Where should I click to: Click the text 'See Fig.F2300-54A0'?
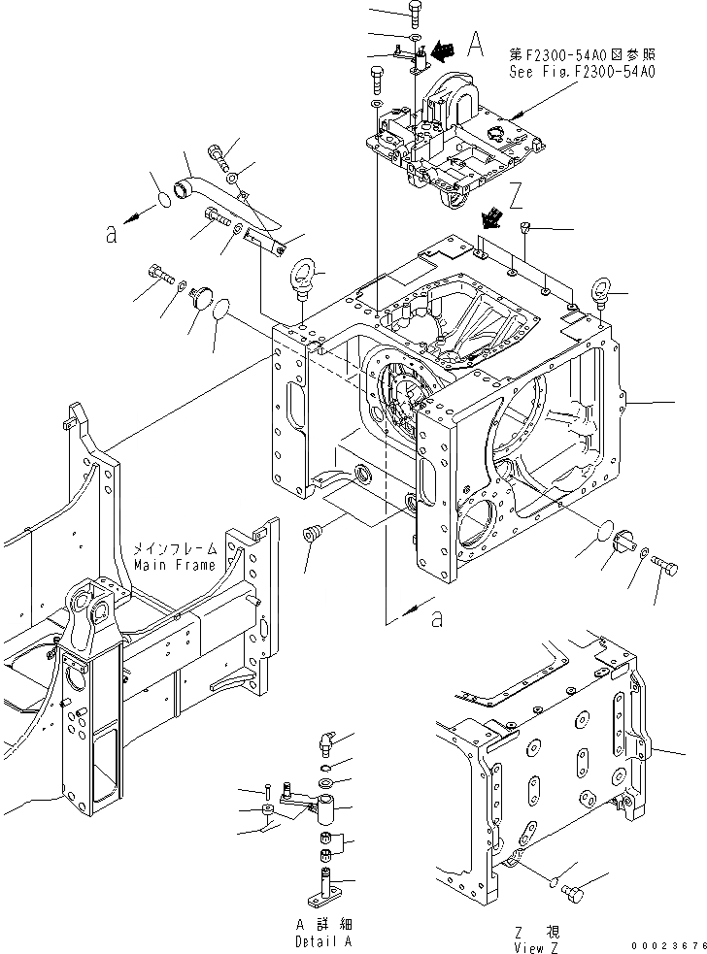click(581, 71)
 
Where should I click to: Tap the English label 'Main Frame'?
click(175, 565)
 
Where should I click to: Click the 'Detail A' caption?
click(323, 941)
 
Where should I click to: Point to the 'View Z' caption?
click(537, 947)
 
